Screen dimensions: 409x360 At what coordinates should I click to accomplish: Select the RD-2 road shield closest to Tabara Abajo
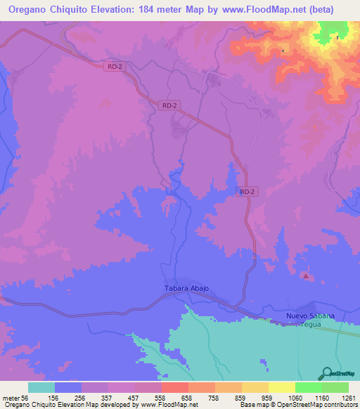click(245, 191)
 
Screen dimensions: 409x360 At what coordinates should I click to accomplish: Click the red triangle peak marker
click(305, 276)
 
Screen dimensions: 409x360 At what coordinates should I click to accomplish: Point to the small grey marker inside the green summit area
click(337, 37)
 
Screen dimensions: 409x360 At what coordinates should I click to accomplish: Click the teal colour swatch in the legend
click(41, 387)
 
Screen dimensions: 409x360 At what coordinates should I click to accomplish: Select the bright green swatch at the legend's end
click(335, 387)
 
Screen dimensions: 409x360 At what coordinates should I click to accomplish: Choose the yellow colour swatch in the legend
click(282, 387)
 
